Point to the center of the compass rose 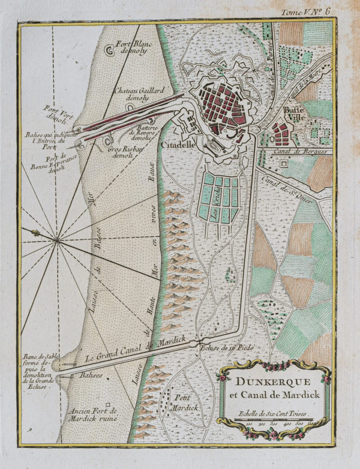point(57,240)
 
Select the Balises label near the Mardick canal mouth point(89,376)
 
